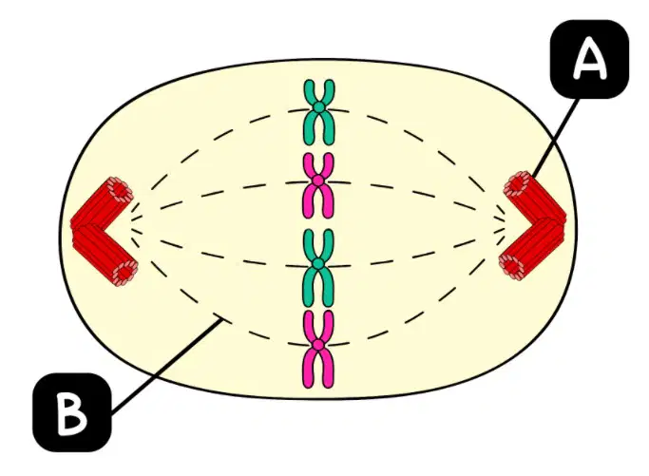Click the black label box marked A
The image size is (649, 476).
[589, 59]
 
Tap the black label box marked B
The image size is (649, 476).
[72, 411]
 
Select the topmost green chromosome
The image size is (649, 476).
[318, 112]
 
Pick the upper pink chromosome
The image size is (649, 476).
[318, 185]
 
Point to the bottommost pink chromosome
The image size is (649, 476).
[318, 349]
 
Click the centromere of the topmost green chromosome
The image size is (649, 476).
[318, 107]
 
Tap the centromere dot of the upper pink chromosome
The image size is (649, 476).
[318, 181]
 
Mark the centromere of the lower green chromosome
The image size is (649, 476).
[318, 263]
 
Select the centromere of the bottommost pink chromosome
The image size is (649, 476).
[318, 344]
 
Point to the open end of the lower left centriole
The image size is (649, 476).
[125, 273]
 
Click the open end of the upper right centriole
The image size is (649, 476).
[516, 183]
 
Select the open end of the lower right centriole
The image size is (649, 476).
[511, 266]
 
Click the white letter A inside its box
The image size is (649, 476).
[589, 61]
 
